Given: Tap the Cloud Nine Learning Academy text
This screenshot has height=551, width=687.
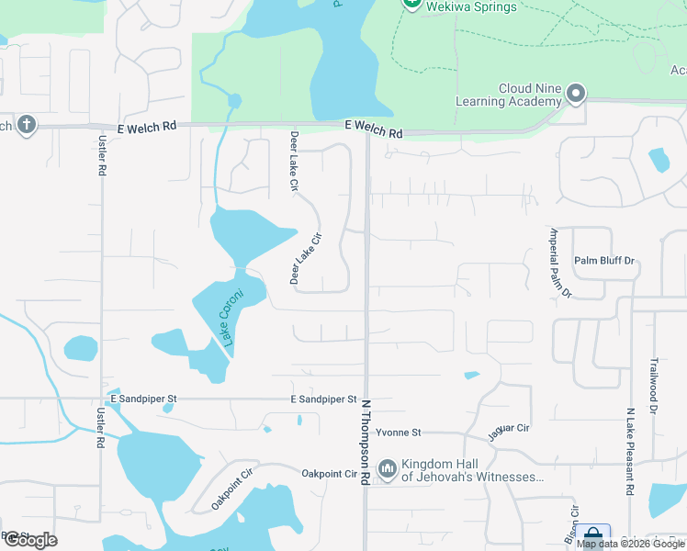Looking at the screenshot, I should pos(529,95).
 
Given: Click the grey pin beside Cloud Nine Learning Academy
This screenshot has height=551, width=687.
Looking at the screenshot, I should pos(576,93).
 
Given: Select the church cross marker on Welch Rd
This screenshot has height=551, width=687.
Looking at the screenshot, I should pos(27,125).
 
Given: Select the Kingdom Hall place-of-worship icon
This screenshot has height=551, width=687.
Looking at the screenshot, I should pos(387,471).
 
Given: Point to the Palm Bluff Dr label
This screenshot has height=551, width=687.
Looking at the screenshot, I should pos(604,261).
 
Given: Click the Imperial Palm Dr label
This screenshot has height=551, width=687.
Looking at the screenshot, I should pos(560,263).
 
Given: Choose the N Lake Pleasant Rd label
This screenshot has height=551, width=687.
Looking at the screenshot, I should pos(631,452).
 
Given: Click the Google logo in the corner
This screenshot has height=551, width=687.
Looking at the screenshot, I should pos(30,540).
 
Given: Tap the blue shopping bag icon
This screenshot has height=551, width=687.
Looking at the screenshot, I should pos(593,535).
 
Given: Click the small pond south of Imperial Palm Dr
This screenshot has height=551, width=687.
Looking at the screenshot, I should pos(472,375).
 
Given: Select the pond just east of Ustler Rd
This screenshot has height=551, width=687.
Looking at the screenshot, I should pos(81,348).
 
